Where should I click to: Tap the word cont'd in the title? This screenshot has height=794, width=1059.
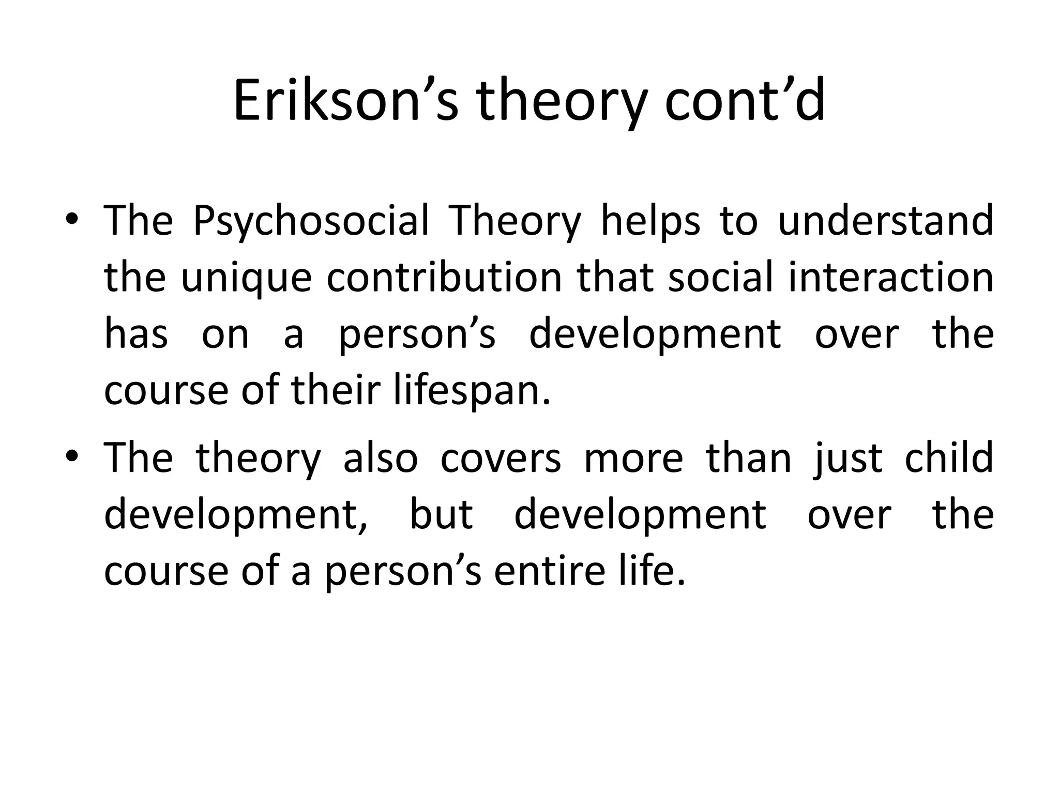pos(745,101)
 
